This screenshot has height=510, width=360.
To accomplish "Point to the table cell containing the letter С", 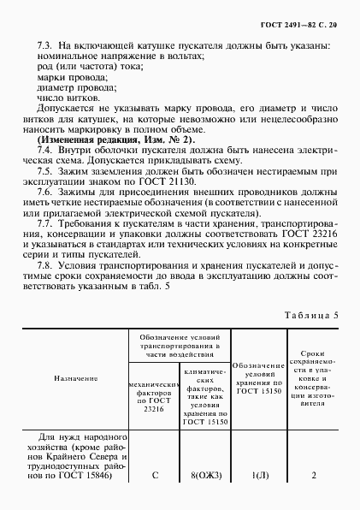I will coord(155,477).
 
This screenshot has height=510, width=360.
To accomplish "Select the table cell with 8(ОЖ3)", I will coord(203,477).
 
